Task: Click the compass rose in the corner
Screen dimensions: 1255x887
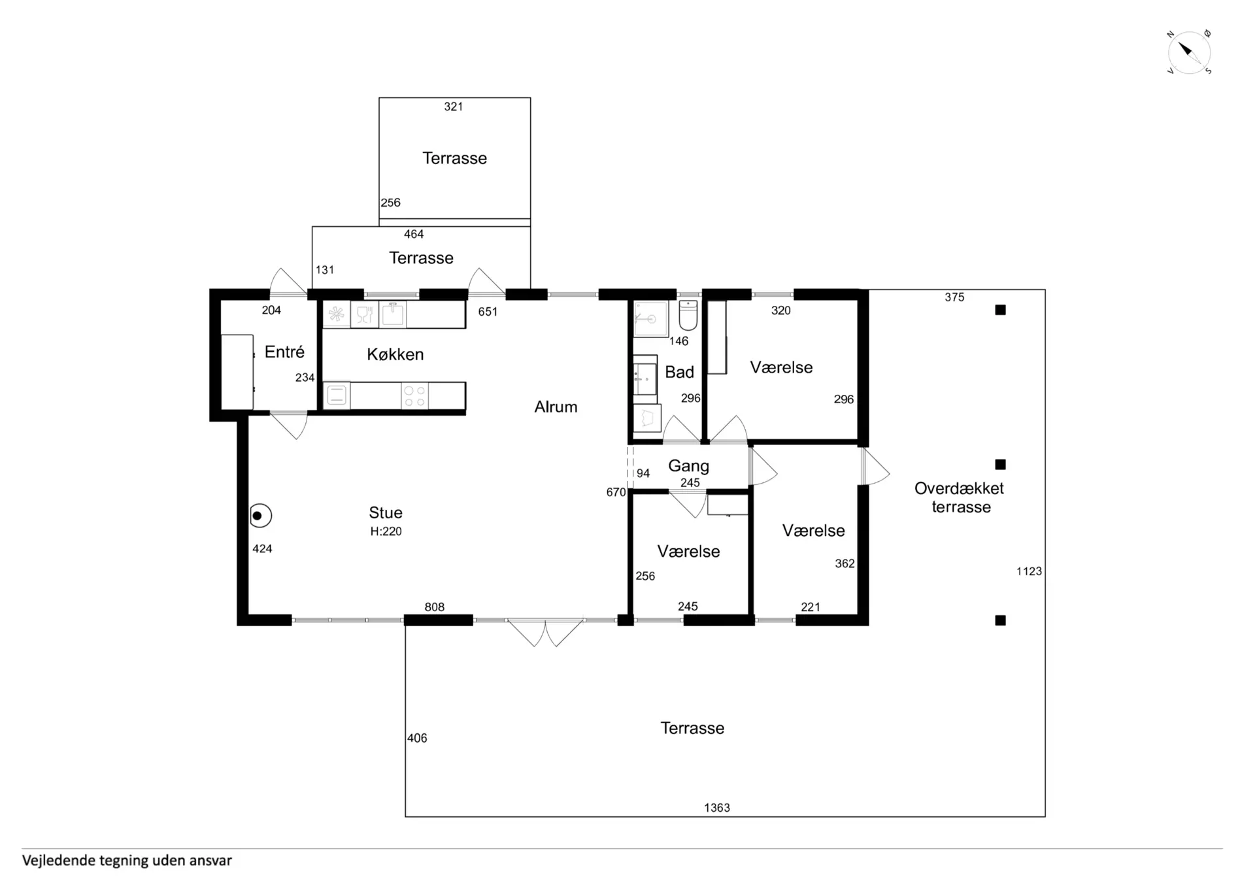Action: pyautogui.click(x=1189, y=52)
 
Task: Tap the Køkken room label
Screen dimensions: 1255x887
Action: pyautogui.click(x=395, y=354)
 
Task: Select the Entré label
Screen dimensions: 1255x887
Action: pyautogui.click(x=284, y=352)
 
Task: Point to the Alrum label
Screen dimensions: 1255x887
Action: pyautogui.click(x=556, y=407)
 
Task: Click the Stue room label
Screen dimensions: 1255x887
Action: pyautogui.click(x=386, y=512)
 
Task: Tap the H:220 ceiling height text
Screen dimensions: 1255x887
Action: pyautogui.click(x=386, y=531)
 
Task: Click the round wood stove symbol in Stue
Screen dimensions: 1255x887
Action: pyautogui.click(x=260, y=516)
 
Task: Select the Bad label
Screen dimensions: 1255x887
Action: pyautogui.click(x=679, y=372)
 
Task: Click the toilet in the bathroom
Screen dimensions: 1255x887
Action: pyautogui.click(x=688, y=316)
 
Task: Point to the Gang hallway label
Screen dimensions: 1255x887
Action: pyautogui.click(x=688, y=466)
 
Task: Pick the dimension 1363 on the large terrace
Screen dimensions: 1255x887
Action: pyautogui.click(x=717, y=808)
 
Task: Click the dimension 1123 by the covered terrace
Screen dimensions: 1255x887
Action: pyautogui.click(x=1029, y=571)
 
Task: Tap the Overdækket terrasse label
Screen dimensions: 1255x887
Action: pyautogui.click(x=960, y=497)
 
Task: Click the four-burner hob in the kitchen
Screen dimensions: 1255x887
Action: pyautogui.click(x=414, y=396)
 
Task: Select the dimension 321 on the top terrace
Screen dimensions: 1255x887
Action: pyautogui.click(x=454, y=107)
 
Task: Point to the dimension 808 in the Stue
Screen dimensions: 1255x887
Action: pyautogui.click(x=435, y=607)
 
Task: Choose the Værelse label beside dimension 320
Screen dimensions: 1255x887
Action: pyautogui.click(x=781, y=367)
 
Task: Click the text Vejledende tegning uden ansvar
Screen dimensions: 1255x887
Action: pyautogui.click(x=127, y=861)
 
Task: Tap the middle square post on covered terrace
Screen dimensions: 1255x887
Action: pyautogui.click(x=1000, y=465)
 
